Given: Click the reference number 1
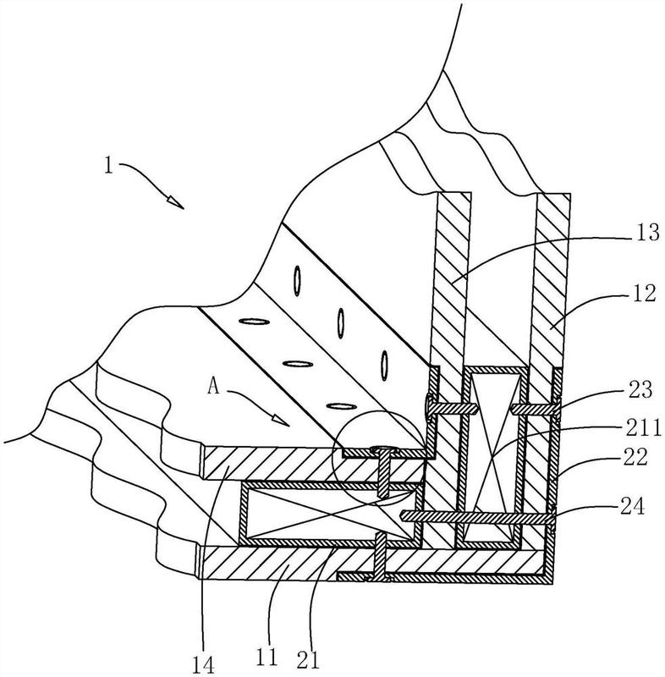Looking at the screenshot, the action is [108, 165].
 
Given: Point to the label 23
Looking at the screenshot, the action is [640, 389].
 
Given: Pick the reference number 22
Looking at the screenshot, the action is [635, 457].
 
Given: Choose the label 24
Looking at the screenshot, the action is [633, 506].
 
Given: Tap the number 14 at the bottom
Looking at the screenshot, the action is [203, 664].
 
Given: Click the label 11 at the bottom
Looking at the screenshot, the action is [267, 658].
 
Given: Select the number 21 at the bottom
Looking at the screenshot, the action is [308, 660].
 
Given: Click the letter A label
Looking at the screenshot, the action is [213, 386].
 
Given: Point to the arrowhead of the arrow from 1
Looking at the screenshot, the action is [176, 202].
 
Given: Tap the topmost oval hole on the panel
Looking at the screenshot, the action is [297, 281].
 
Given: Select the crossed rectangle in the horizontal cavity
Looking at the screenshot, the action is [329, 515].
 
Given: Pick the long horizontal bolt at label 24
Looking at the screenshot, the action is [478, 516].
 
